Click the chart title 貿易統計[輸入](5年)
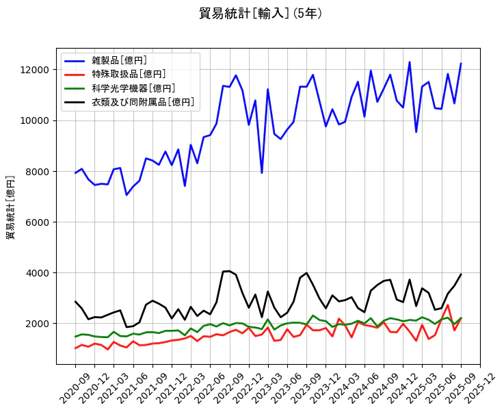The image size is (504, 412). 261,14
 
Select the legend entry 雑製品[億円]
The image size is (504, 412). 120,61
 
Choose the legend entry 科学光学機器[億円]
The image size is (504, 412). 133,88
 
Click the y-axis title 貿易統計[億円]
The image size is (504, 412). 11,207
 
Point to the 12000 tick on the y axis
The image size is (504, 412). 34,70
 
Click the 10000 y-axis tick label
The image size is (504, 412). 34,120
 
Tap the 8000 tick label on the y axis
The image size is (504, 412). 37,171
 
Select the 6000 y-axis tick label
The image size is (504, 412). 37,222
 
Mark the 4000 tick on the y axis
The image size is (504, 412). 37,272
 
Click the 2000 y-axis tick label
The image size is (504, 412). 37,323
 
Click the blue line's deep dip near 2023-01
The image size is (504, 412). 261,172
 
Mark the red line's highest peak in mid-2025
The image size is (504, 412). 448,305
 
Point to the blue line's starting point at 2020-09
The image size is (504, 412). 75,172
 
